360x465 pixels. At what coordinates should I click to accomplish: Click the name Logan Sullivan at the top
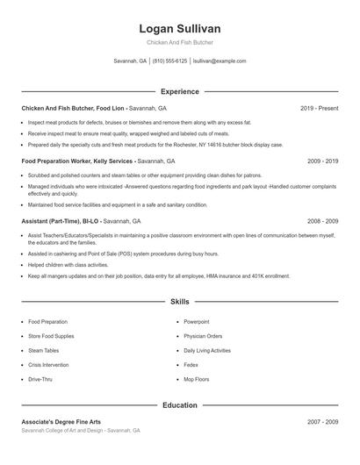click(179, 29)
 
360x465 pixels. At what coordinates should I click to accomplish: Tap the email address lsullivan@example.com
click(219, 61)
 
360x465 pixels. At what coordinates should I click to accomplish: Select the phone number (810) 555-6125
click(169, 61)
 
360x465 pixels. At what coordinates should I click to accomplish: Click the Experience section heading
click(179, 91)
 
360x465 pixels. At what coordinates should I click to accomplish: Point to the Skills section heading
click(179, 301)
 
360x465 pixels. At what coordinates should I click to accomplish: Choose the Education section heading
click(179, 405)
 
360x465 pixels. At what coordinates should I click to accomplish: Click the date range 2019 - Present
click(319, 108)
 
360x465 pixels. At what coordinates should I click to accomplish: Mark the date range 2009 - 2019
click(322, 161)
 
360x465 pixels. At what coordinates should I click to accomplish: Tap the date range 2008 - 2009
click(322, 221)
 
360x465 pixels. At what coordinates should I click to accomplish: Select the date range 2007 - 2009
click(322, 422)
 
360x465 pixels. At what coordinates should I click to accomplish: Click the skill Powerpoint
click(197, 322)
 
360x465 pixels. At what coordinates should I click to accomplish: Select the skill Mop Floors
click(197, 379)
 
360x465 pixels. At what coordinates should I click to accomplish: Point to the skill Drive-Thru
click(41, 379)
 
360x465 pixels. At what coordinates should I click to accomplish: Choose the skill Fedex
click(191, 365)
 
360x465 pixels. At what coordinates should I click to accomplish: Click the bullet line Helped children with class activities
click(68, 264)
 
